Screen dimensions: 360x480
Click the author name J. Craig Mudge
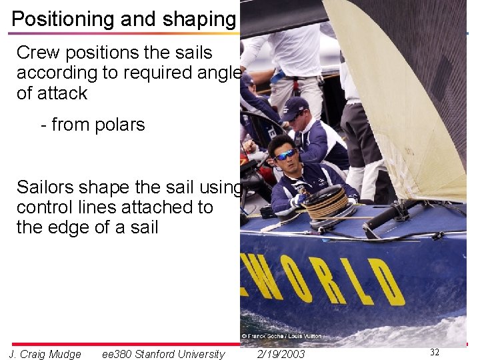click(x=45, y=354)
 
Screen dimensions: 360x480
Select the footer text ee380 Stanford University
click(x=163, y=354)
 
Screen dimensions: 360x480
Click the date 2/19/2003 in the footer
click(x=281, y=354)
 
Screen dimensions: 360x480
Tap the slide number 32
click(x=435, y=352)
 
